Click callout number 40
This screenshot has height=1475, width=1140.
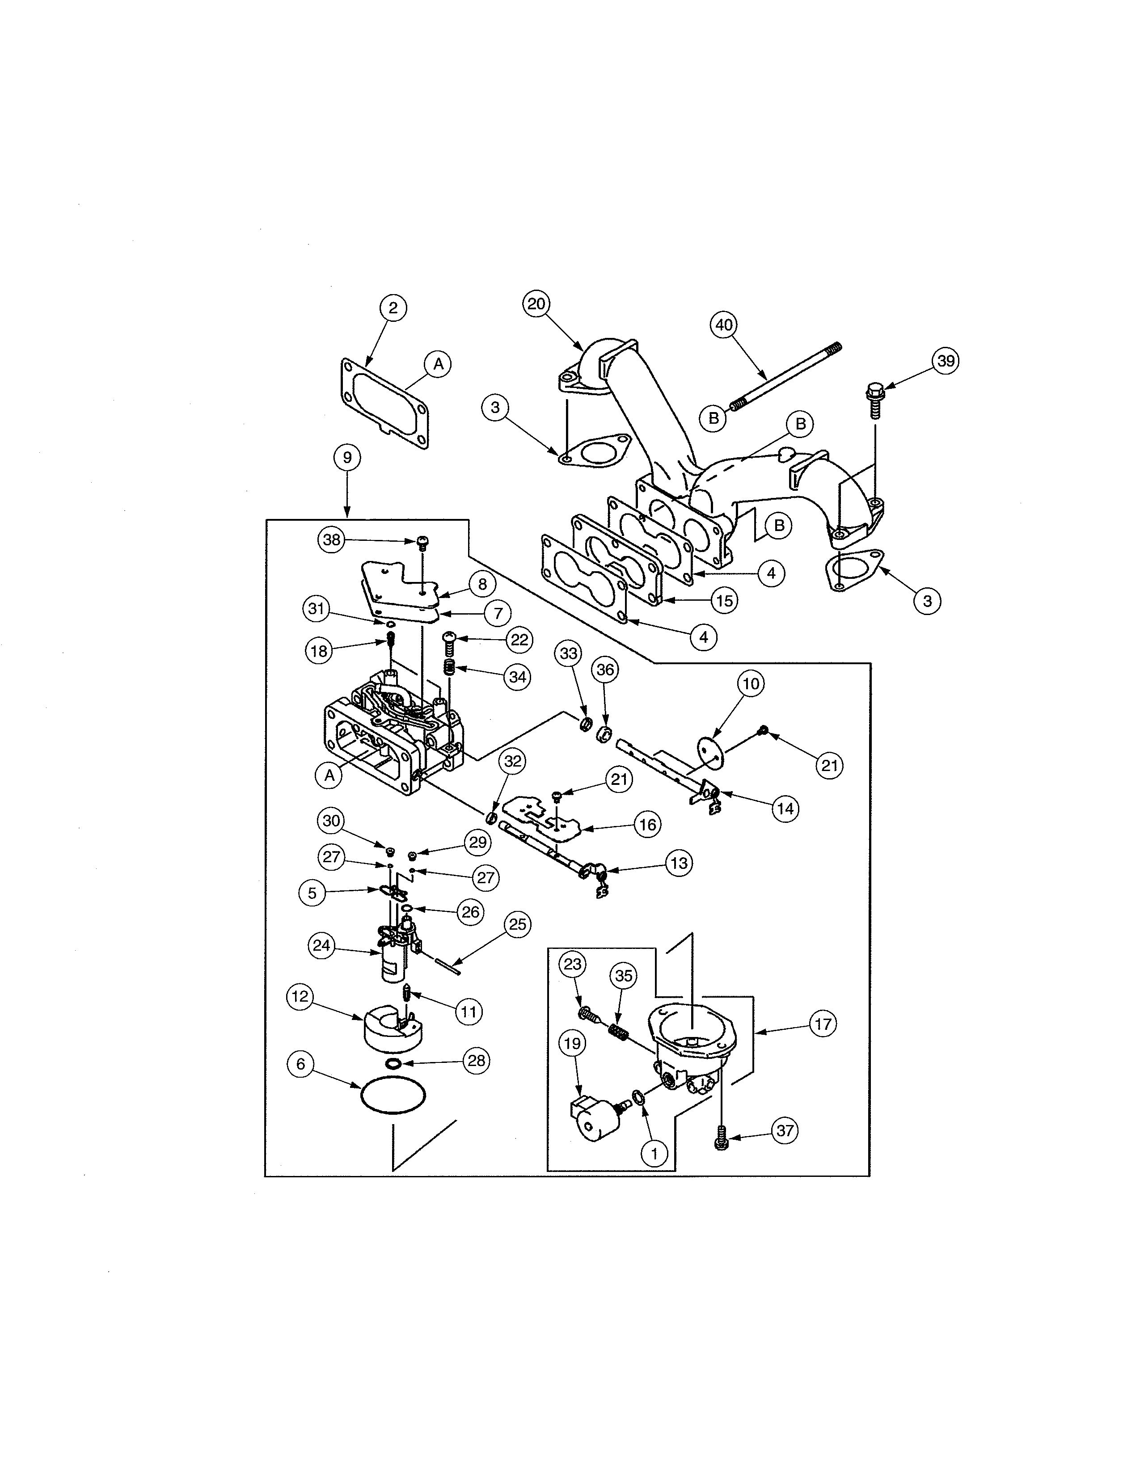(x=723, y=325)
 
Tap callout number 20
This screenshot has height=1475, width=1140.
(x=536, y=304)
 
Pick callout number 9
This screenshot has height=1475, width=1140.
(x=347, y=457)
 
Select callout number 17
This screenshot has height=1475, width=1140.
(x=823, y=1024)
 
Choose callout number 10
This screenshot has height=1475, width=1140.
(x=751, y=684)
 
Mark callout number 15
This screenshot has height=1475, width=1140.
(x=724, y=600)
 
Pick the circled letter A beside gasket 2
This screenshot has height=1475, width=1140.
(x=438, y=364)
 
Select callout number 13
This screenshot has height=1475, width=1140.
(x=679, y=863)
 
